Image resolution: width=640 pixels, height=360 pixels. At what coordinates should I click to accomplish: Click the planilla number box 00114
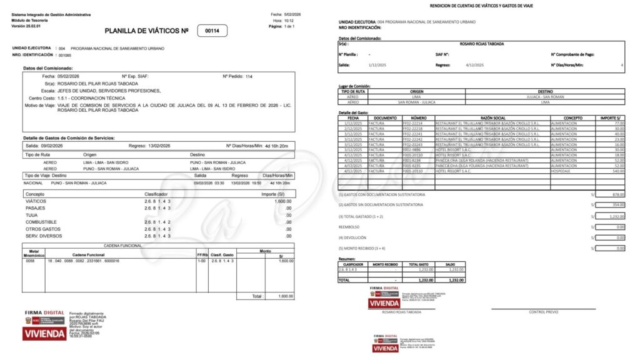pyautogui.click(x=212, y=31)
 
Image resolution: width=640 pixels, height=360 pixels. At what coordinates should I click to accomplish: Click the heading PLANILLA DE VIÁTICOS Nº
pyautogui.click(x=146, y=31)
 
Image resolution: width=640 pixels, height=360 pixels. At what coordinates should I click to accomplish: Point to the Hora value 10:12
pyautogui.click(x=288, y=20)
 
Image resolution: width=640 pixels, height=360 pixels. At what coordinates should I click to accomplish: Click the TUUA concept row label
pyautogui.click(x=31, y=215)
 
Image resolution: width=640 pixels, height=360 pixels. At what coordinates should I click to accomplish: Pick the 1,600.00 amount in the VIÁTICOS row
pyautogui.click(x=283, y=201)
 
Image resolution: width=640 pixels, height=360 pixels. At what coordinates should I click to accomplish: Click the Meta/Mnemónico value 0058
pyautogui.click(x=30, y=261)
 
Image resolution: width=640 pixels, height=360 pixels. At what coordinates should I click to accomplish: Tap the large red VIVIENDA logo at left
pyautogui.click(x=44, y=334)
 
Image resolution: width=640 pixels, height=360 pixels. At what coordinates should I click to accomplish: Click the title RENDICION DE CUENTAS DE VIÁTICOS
pyautogui.click(x=481, y=6)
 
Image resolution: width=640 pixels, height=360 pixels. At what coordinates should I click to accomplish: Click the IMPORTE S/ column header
pyautogui.click(x=609, y=117)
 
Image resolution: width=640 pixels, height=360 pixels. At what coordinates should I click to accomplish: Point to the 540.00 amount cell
pyautogui.click(x=617, y=171)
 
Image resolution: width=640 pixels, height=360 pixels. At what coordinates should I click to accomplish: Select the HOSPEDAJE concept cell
pyautogui.click(x=565, y=171)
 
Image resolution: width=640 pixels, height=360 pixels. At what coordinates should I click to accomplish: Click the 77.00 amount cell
pyautogui.click(x=619, y=124)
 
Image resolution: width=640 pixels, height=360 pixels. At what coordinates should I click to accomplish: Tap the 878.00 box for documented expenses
pyautogui.click(x=609, y=194)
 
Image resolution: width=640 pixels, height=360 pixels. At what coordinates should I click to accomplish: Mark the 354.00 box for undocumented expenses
pyautogui.click(x=609, y=204)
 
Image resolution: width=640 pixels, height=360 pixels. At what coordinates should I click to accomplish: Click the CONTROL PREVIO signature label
pyautogui.click(x=542, y=311)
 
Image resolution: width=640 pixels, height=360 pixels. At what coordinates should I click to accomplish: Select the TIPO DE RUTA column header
pyautogui.click(x=353, y=91)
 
